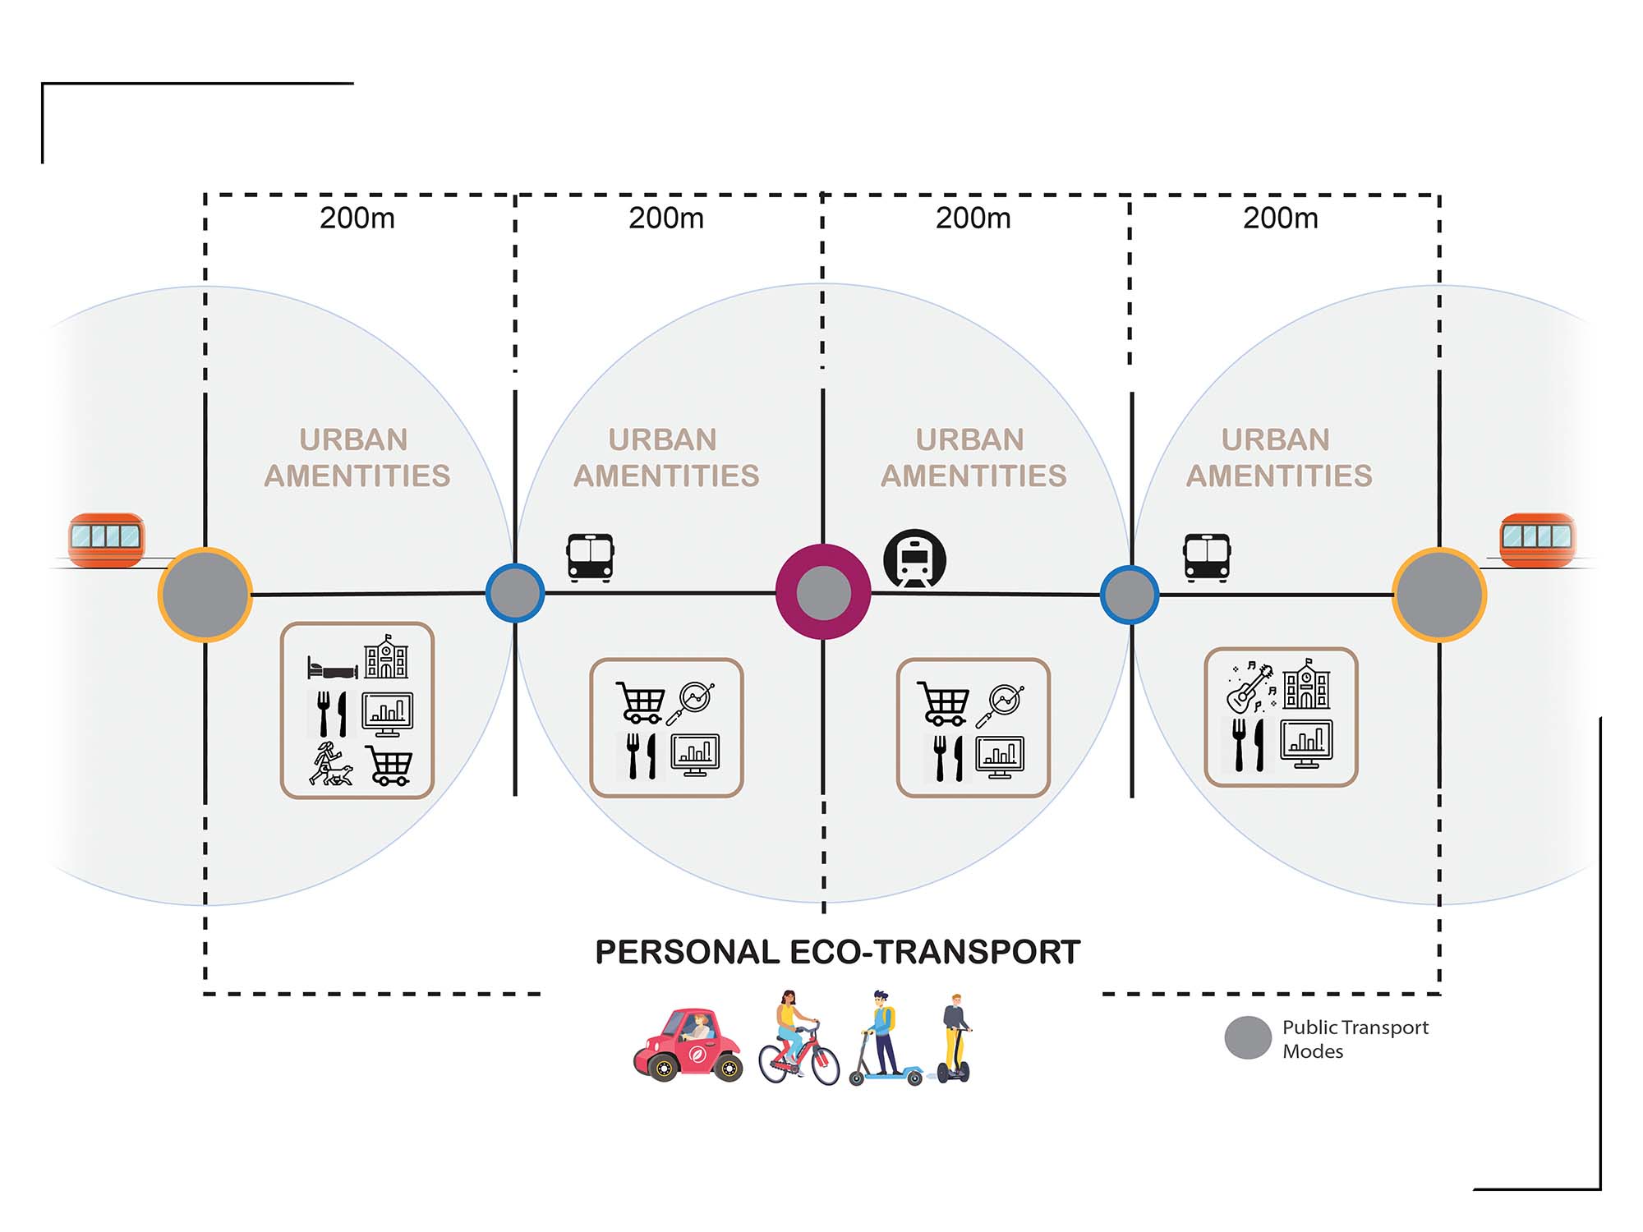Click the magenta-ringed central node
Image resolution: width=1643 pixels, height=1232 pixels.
pos(823,591)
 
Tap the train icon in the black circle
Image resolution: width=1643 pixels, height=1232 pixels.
pos(914,560)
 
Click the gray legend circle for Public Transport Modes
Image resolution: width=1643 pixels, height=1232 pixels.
pos(1248,1038)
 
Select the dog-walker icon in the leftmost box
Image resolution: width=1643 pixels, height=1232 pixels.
pos(330,764)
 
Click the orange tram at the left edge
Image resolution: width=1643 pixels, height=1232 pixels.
pos(106,540)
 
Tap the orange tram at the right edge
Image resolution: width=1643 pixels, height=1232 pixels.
pos(1537,540)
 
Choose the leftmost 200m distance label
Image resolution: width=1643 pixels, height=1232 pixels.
pos(357,218)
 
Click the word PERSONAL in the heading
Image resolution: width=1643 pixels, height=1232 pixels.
pos(687,953)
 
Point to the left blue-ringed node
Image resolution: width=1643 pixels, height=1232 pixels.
pos(515,592)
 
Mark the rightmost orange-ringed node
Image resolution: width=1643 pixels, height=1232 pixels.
pos(1439,594)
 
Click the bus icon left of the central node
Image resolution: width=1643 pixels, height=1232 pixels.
pos(590,558)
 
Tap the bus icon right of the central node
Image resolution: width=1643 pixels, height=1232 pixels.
pos(1207,558)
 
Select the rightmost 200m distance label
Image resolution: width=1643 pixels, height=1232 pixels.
pos(1280,218)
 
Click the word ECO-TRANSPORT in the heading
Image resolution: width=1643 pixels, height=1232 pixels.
pos(935,953)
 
